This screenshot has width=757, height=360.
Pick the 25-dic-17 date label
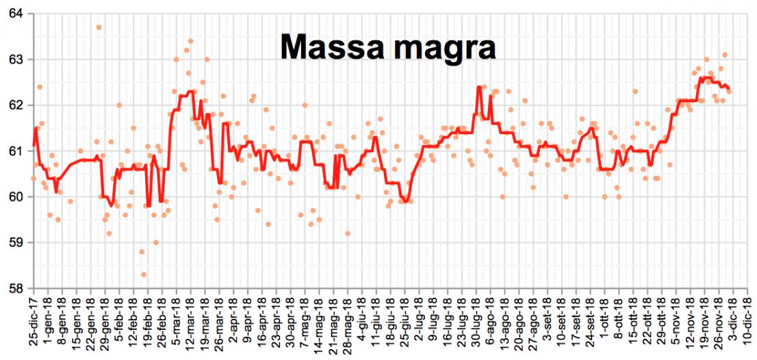(33, 322)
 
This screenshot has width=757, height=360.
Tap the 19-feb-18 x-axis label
(147, 322)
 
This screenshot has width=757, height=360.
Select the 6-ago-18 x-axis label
(490, 322)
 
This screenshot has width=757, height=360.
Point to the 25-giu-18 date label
(405, 322)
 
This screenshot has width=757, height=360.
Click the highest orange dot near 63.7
(99, 27)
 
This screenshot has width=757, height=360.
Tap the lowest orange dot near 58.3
(144, 274)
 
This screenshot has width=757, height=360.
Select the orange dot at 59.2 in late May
(348, 233)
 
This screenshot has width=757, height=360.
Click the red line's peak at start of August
(479, 87)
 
